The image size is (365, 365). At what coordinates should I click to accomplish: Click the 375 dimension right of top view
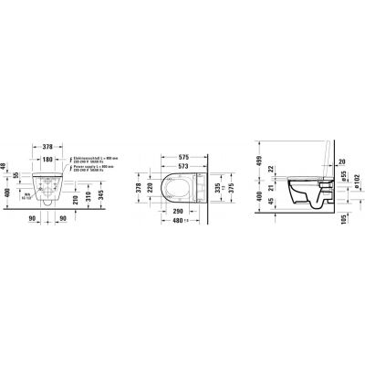[231, 191]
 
